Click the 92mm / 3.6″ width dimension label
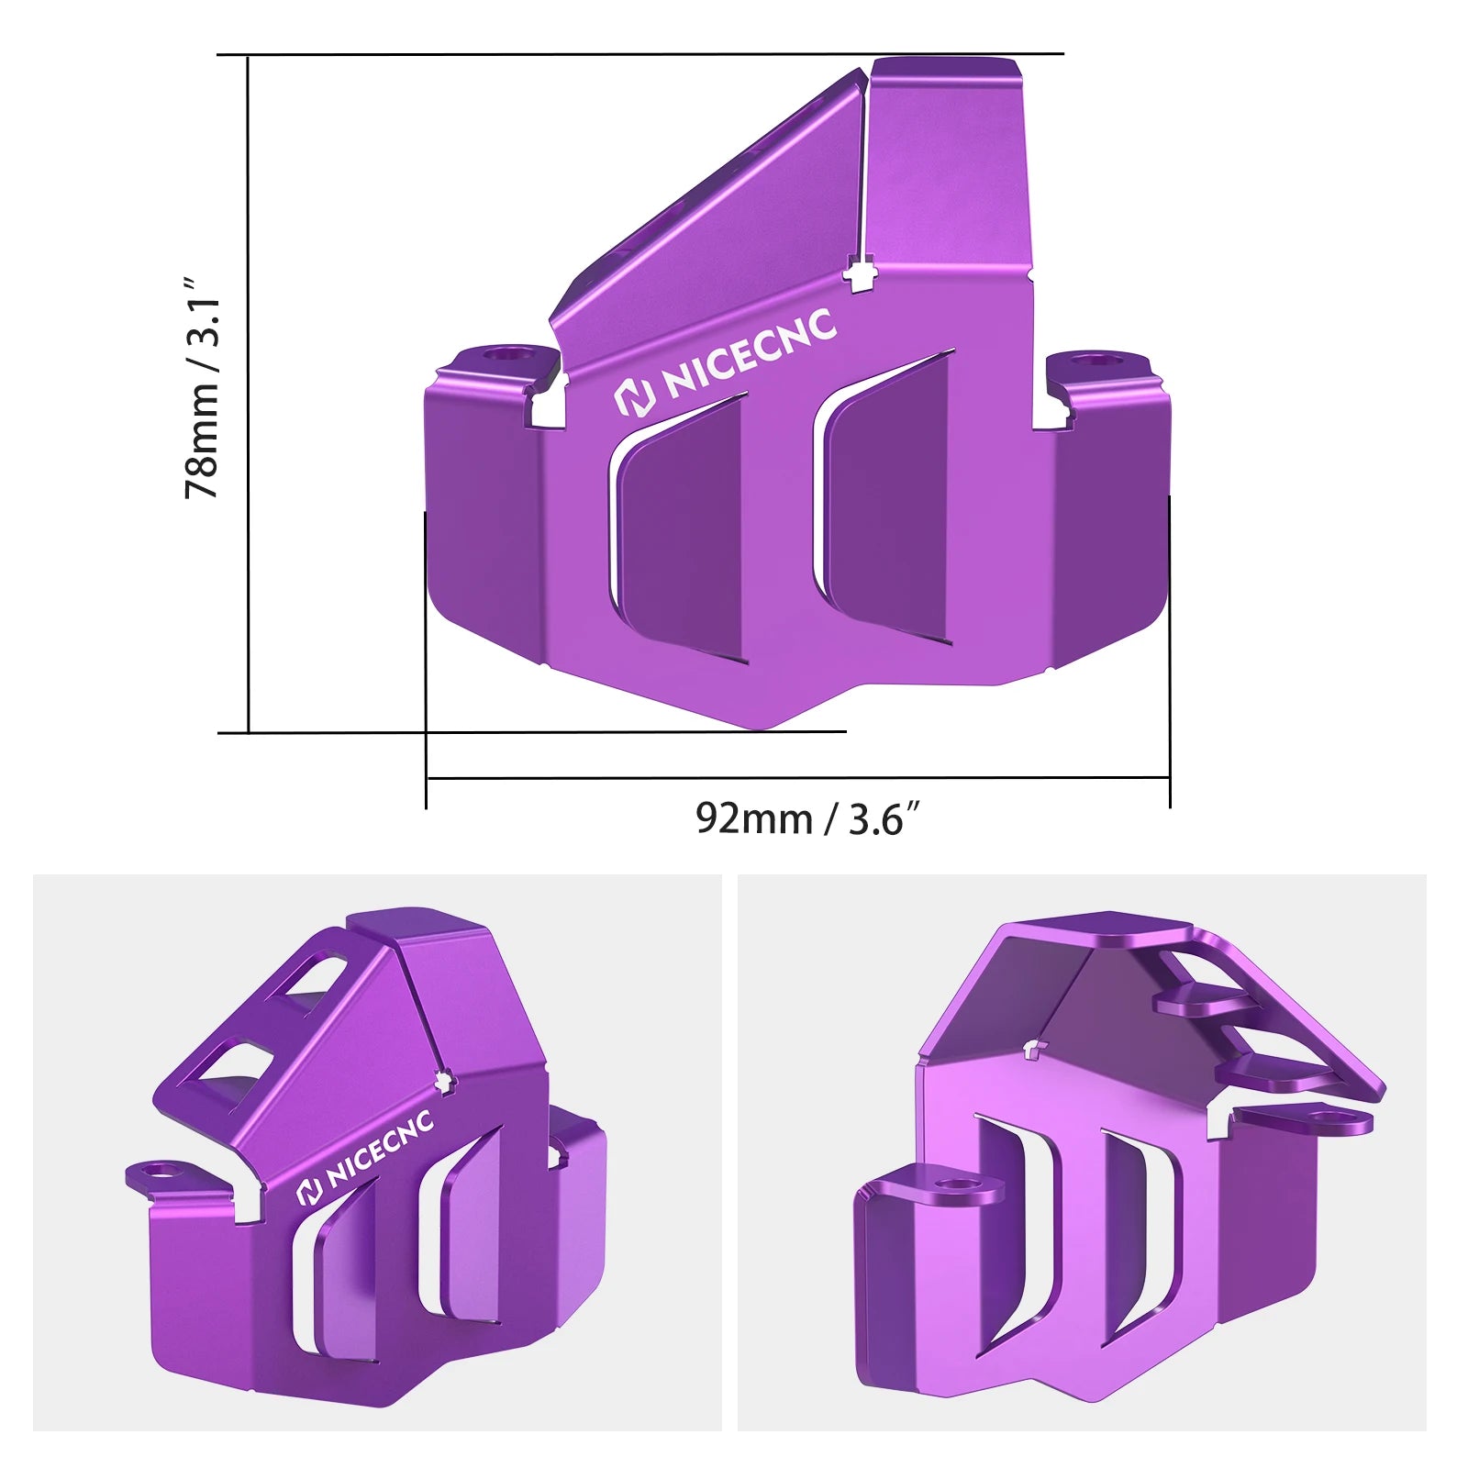806,818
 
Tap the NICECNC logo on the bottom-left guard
365,1159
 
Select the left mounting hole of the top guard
503,353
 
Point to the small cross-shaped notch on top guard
860,274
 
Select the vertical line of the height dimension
249,395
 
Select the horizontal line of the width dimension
798,779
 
